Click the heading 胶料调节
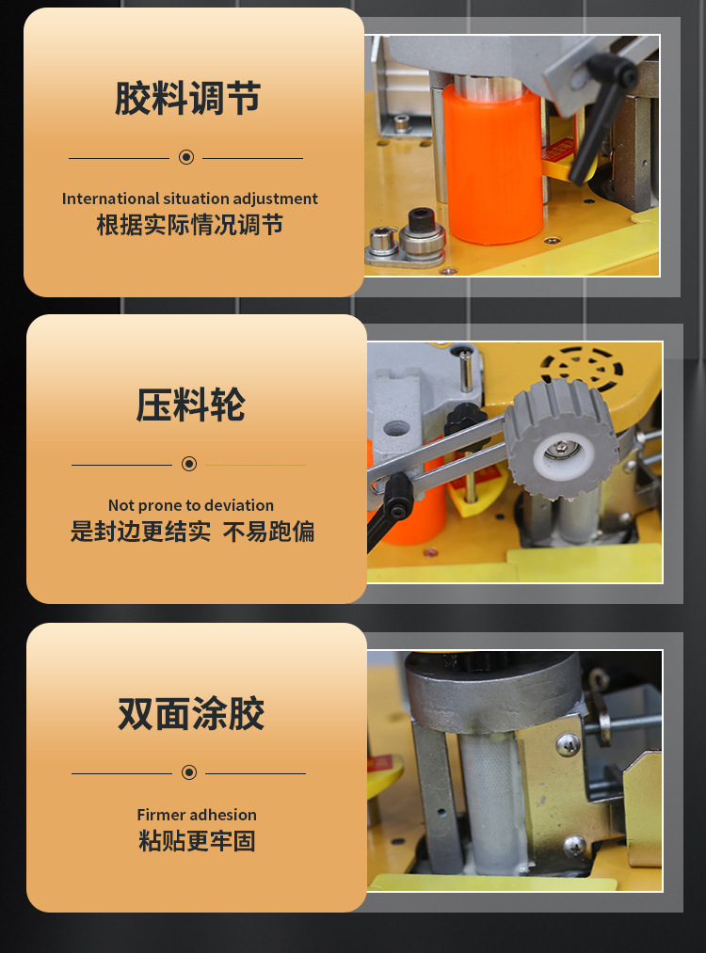pyautogui.click(x=187, y=99)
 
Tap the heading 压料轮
pyautogui.click(x=190, y=405)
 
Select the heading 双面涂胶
pyautogui.click(x=191, y=714)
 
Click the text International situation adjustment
pyautogui.click(x=189, y=199)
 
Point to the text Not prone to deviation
pyautogui.click(x=190, y=505)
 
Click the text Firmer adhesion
pyautogui.click(x=196, y=815)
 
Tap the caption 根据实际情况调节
pyautogui.click(x=189, y=225)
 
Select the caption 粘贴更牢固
pyautogui.click(x=196, y=841)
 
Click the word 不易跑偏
pyautogui.click(x=268, y=532)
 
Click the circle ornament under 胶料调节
pyautogui.click(x=186, y=157)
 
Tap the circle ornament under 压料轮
pyautogui.click(x=189, y=464)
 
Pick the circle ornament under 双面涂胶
pyautogui.click(x=189, y=772)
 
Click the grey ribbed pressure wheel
pyautogui.click(x=561, y=437)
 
